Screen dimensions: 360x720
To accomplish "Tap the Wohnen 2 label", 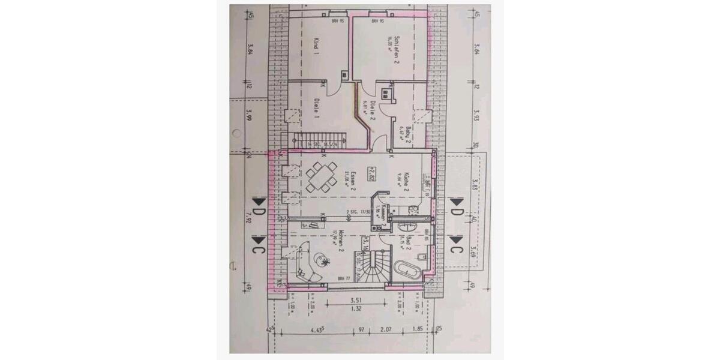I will [339, 243].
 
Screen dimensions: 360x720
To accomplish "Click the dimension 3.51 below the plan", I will [357, 302].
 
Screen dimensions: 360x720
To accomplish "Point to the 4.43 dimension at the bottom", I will [317, 329].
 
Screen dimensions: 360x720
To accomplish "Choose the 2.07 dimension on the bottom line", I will [386, 329].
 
